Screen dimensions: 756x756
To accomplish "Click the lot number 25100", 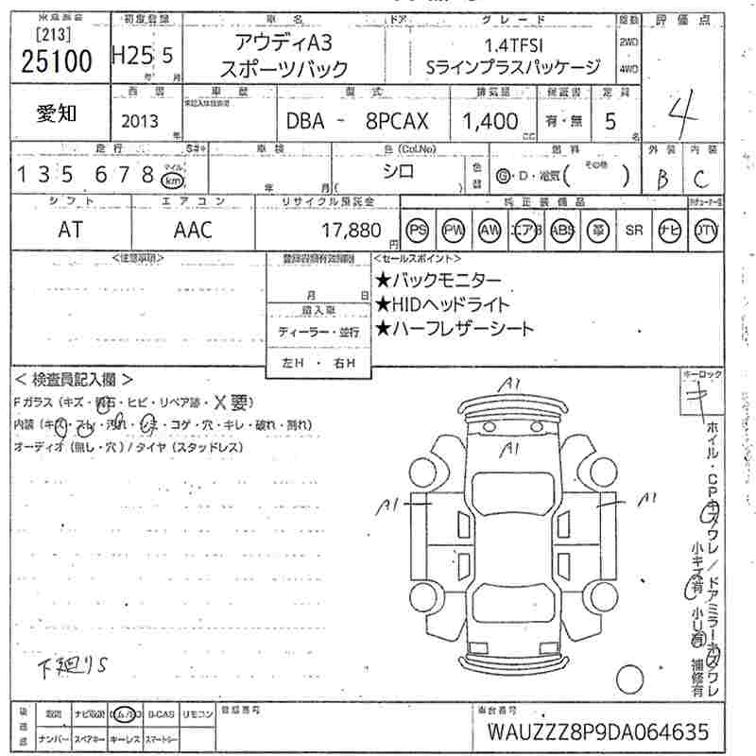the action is point(56,62).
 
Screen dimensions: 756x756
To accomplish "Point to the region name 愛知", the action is point(58,113).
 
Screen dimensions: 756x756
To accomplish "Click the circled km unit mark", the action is point(171,179).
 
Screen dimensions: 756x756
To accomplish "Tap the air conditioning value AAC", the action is point(193,230).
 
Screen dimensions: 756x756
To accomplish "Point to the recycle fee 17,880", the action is point(351,230).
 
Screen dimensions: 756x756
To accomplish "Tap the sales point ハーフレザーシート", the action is point(455,329).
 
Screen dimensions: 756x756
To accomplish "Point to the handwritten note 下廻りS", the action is point(75,667).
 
